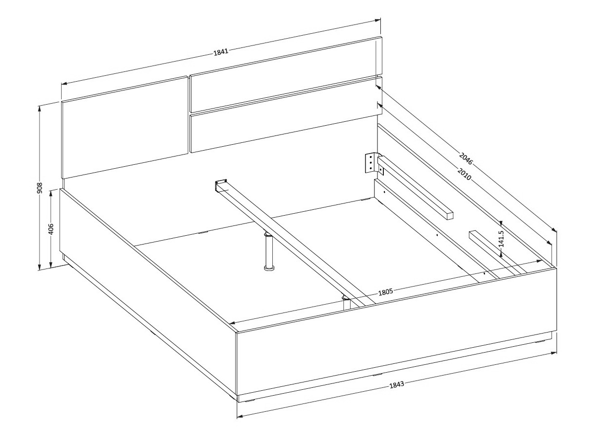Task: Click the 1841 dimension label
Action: click(221, 52)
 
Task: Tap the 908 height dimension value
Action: click(40, 188)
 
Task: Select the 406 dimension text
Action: click(51, 229)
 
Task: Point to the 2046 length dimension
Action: click(466, 158)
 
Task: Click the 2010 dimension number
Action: click(464, 174)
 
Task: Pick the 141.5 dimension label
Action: click(501, 239)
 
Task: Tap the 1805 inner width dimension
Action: click(386, 292)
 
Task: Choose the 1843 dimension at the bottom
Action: click(397, 384)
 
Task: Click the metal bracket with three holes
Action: click(370, 163)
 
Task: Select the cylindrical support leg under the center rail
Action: click(269, 251)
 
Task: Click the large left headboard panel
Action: click(125, 128)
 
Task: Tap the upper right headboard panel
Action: click(286, 74)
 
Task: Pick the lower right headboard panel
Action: click(286, 114)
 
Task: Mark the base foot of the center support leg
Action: click(269, 268)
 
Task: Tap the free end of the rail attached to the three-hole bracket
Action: click(449, 216)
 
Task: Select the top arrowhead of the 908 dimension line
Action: click(40, 108)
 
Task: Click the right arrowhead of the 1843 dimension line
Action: click(553, 353)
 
